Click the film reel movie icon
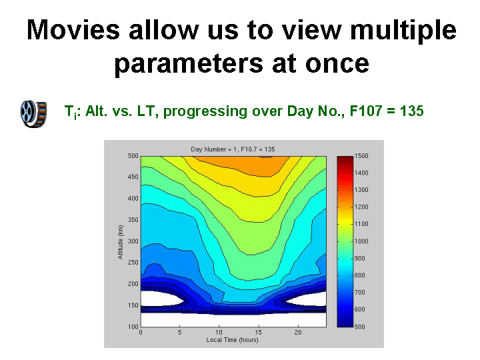(x=34, y=114)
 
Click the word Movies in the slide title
(x=73, y=30)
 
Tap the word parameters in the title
(x=189, y=64)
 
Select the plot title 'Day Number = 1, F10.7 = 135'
(x=233, y=149)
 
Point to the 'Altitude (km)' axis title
(x=120, y=242)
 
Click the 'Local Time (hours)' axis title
(x=233, y=340)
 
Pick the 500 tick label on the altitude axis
(x=133, y=156)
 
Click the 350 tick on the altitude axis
(x=133, y=220)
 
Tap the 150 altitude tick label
(x=133, y=305)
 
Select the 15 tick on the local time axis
(x=259, y=332)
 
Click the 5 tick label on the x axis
(x=180, y=332)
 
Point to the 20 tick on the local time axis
(x=298, y=332)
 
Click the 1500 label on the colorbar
(x=361, y=156)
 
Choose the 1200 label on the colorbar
(x=361, y=207)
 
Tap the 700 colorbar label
(x=360, y=293)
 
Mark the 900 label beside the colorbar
(x=360, y=259)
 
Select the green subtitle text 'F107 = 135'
(x=387, y=111)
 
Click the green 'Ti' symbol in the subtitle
(x=71, y=112)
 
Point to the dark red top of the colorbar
(x=345, y=160)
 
